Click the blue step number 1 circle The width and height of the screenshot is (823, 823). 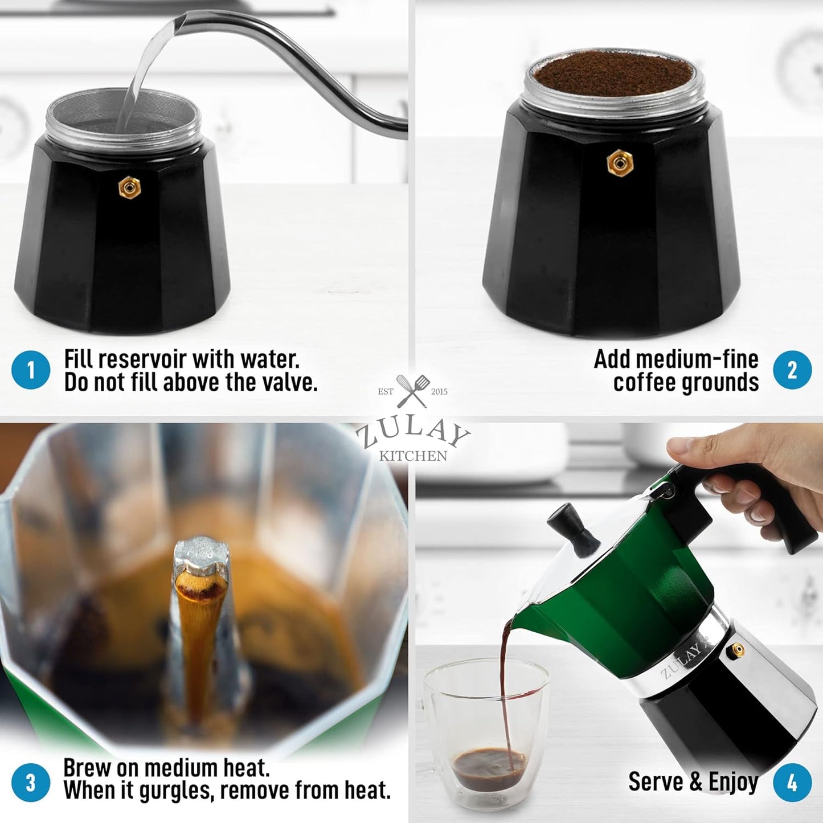[x=31, y=370]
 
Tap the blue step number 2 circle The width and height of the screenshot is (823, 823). [x=792, y=370]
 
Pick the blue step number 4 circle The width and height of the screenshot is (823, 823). [x=792, y=783]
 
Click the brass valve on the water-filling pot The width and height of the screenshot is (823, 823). [x=129, y=187]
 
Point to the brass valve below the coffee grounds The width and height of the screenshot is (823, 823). [x=617, y=163]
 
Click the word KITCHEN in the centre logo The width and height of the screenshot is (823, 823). [x=413, y=456]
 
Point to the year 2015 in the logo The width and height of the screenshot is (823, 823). [x=439, y=392]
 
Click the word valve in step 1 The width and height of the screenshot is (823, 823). [x=288, y=383]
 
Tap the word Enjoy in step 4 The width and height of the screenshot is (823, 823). [x=733, y=783]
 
